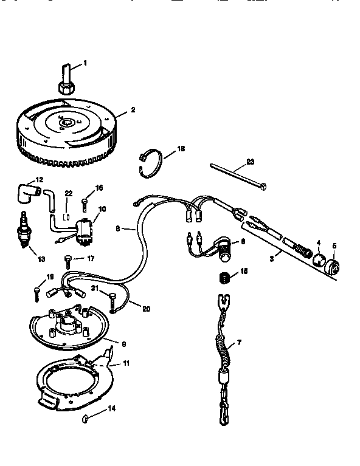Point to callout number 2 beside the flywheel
133,110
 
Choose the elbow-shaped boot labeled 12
29,193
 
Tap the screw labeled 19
36,293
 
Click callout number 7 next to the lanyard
239,343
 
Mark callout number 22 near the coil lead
69,193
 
